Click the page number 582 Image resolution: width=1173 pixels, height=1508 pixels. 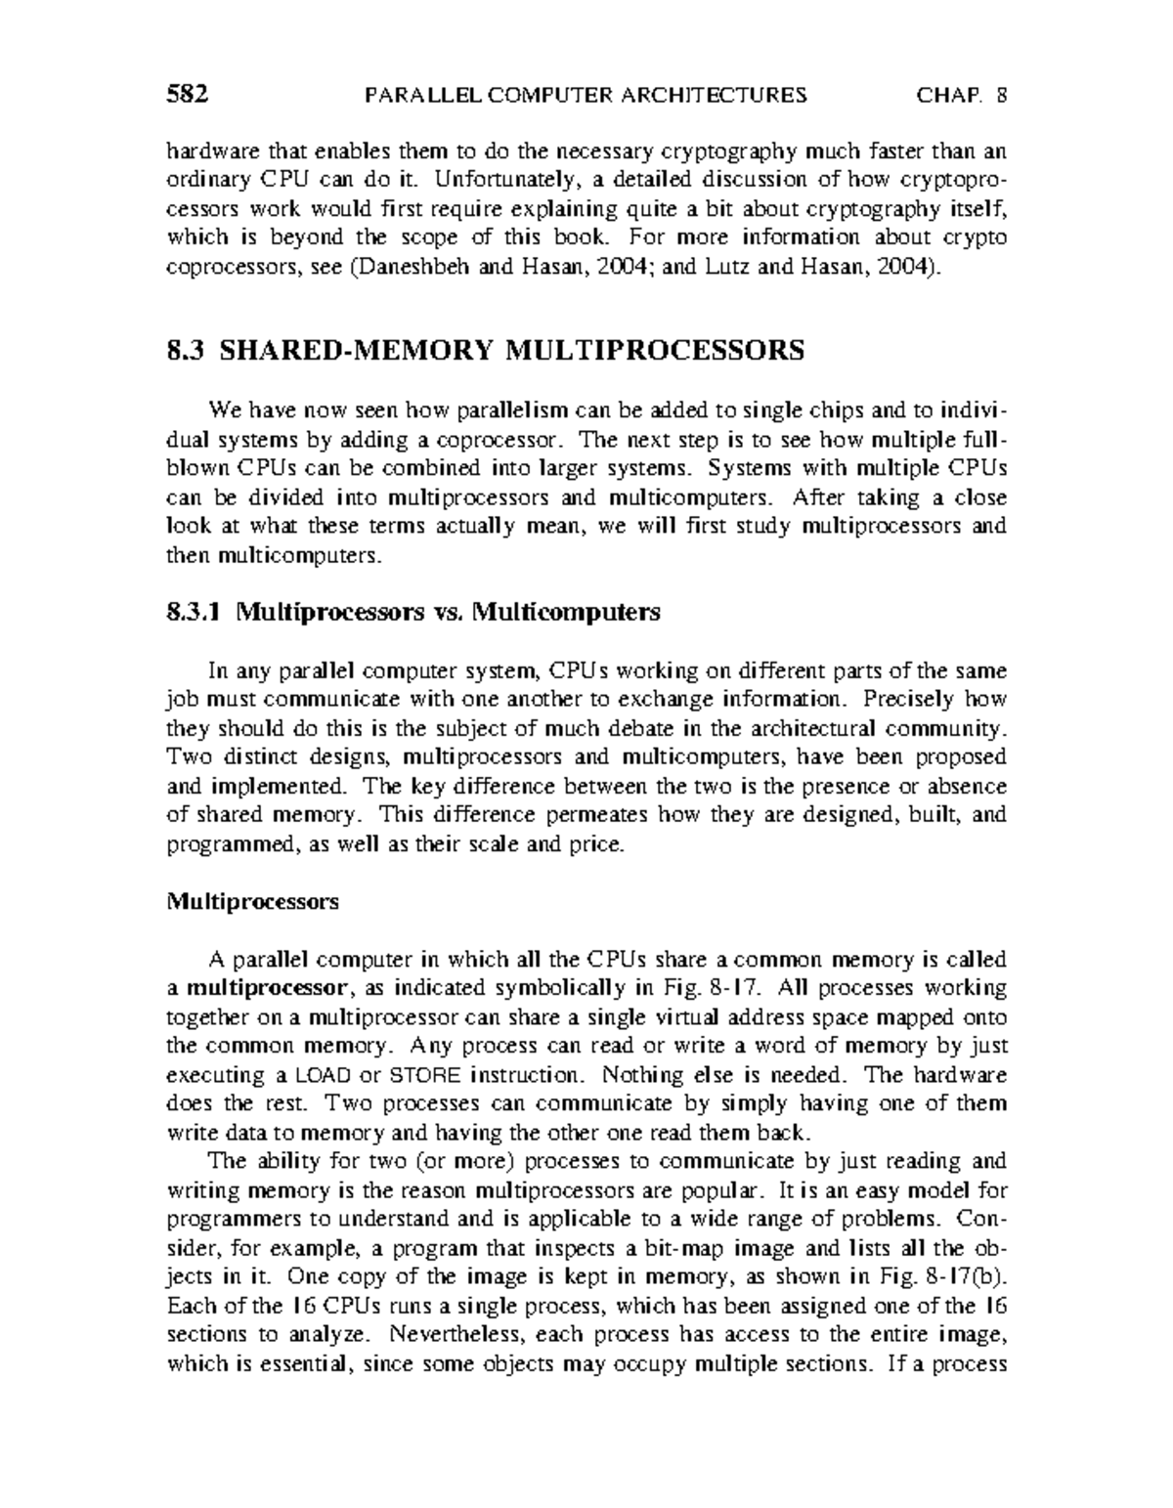click(189, 95)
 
